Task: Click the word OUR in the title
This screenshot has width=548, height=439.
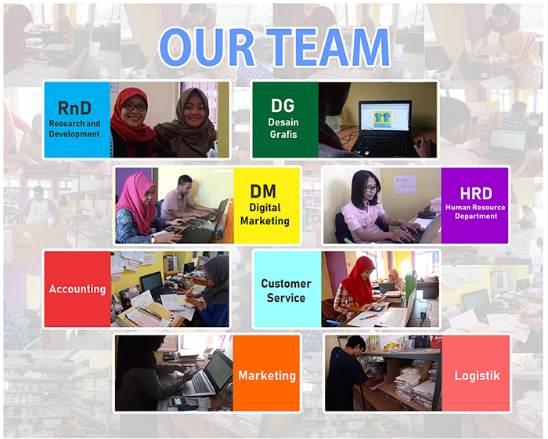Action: pyautogui.click(x=207, y=47)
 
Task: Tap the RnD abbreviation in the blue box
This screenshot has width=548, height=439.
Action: pyautogui.click(x=74, y=108)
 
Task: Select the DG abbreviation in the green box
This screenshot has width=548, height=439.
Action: pyautogui.click(x=283, y=105)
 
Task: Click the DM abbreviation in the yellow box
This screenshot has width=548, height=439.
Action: pyautogui.click(x=263, y=191)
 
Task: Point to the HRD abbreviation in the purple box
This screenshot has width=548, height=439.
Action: pyautogui.click(x=476, y=194)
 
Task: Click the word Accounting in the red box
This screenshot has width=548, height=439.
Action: pyautogui.click(x=78, y=288)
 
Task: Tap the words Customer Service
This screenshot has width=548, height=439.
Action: pyautogui.click(x=287, y=291)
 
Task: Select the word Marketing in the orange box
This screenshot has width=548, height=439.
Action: pyautogui.click(x=267, y=376)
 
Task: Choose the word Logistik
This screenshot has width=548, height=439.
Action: pyautogui.click(x=477, y=376)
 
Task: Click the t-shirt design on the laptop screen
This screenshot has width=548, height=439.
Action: pyautogui.click(x=382, y=118)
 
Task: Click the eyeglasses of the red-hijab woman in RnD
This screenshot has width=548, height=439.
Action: pyautogui.click(x=135, y=107)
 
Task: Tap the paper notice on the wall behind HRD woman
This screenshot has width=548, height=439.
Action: pyautogui.click(x=405, y=184)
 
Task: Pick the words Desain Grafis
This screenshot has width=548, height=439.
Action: pyautogui.click(x=283, y=128)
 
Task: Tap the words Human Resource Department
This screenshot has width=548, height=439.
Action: pyautogui.click(x=475, y=212)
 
